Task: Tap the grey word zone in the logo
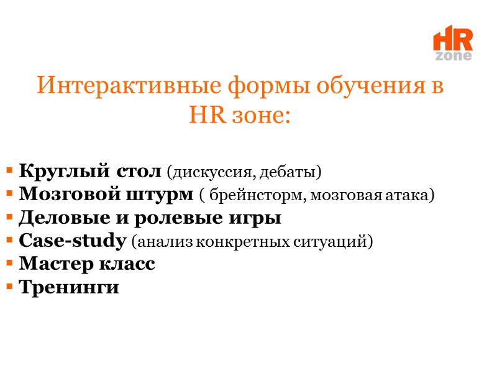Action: point(454,56)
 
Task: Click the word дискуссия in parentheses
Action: point(215,170)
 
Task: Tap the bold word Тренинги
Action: point(69,287)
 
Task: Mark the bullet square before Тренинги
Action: point(11,288)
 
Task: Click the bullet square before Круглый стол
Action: point(11,170)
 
